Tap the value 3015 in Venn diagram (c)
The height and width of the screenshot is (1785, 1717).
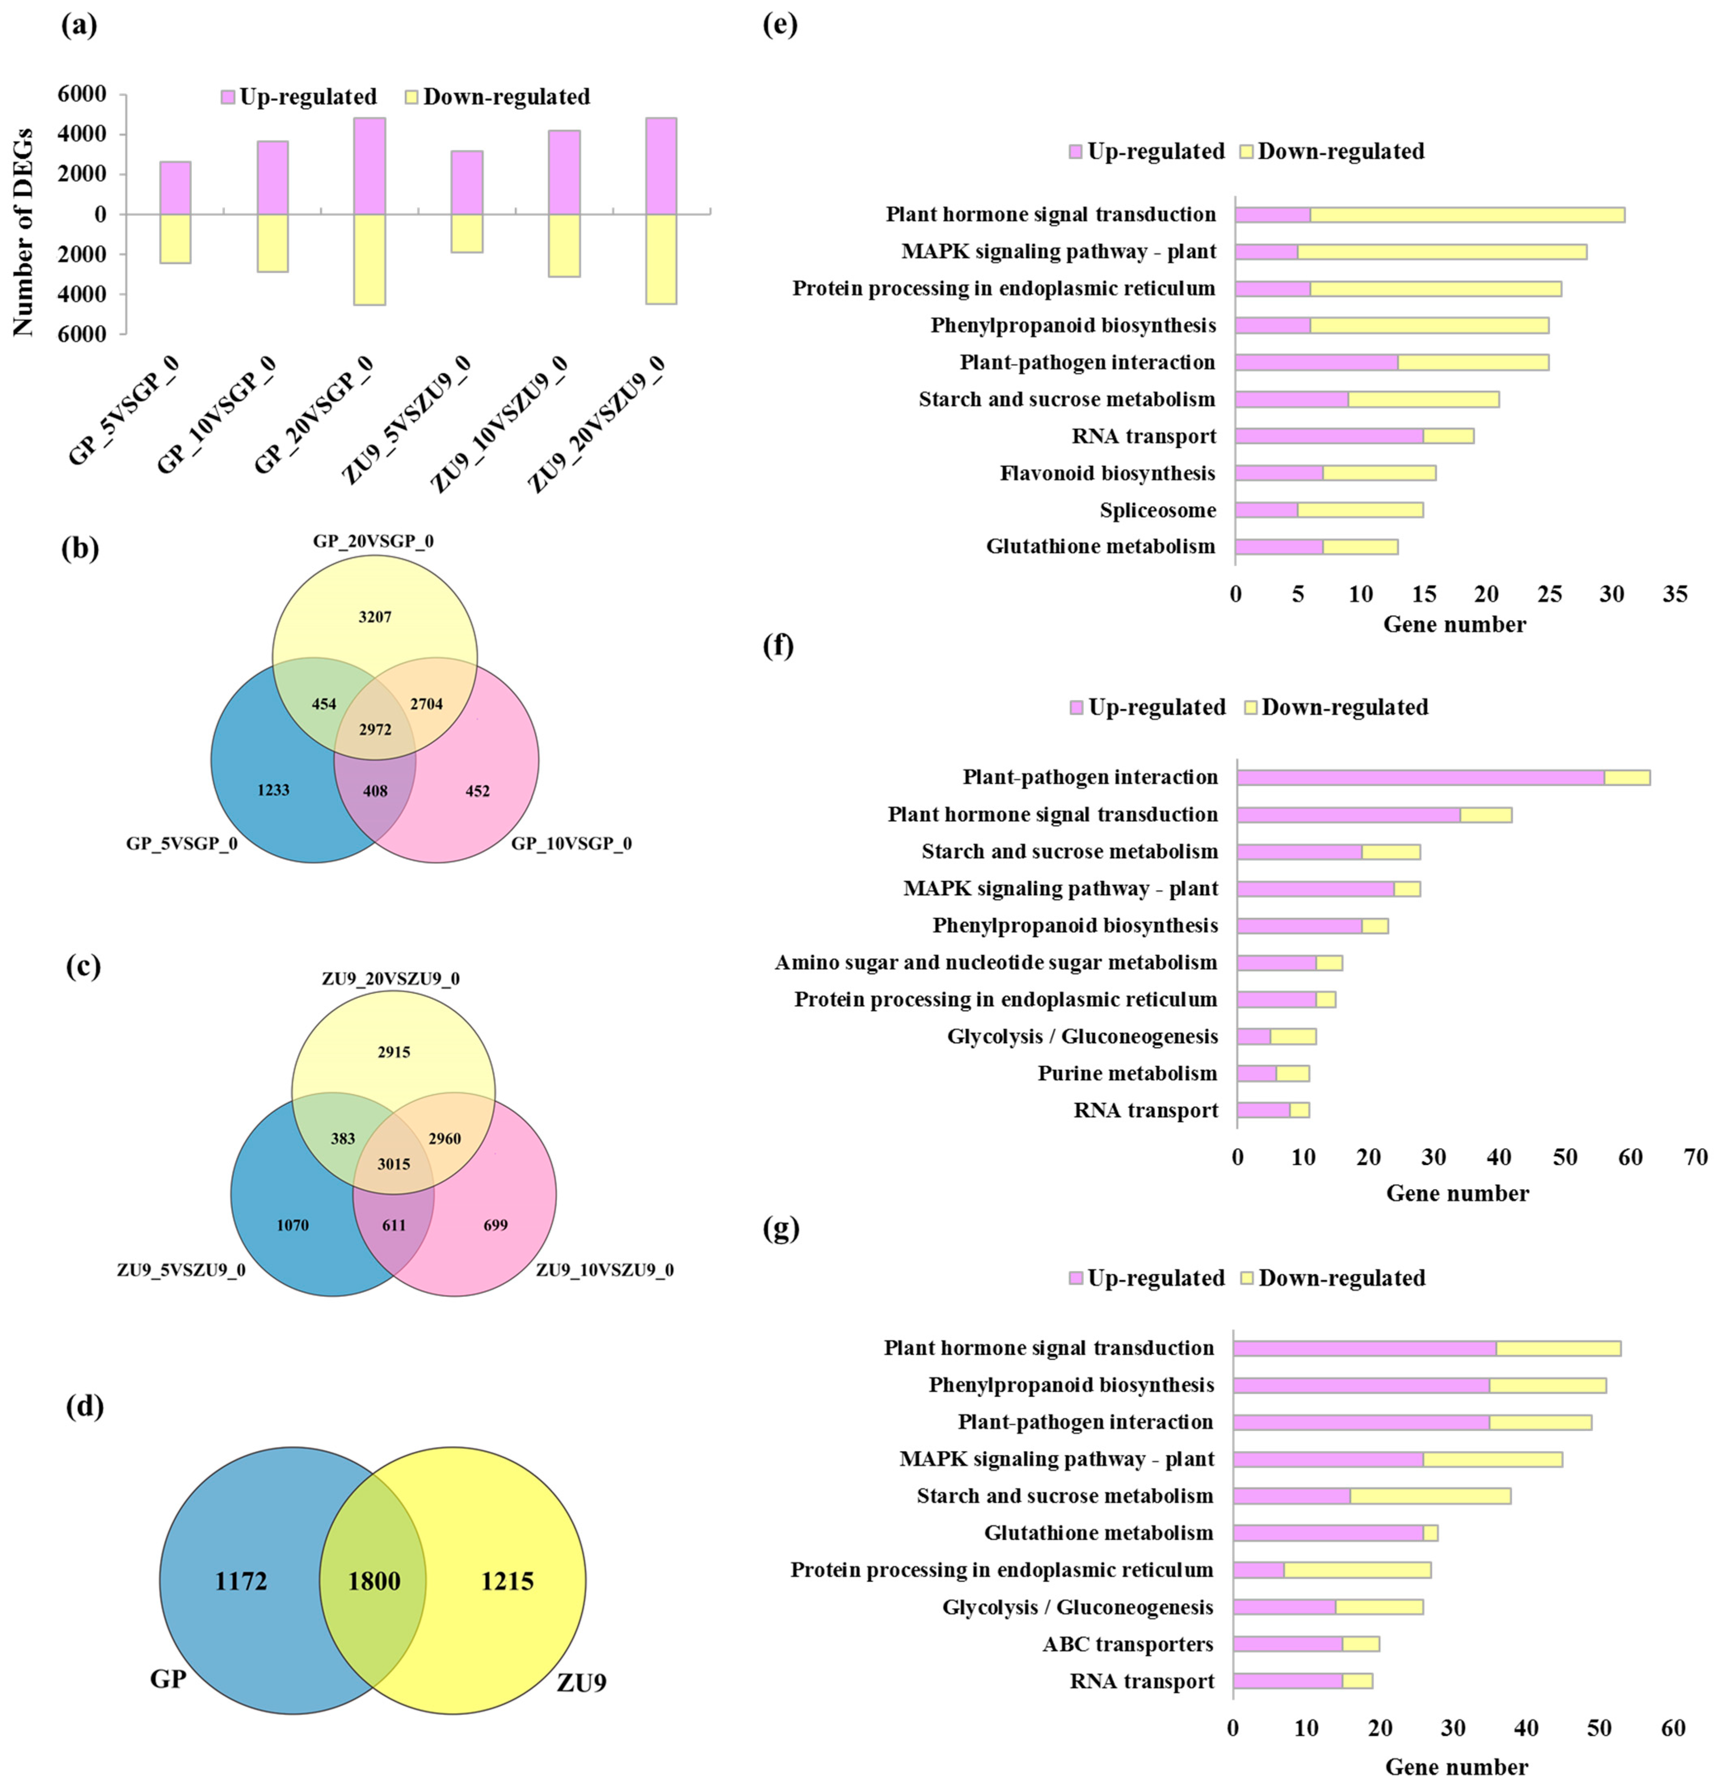click(393, 1164)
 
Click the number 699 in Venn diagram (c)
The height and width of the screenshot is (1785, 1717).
click(496, 1225)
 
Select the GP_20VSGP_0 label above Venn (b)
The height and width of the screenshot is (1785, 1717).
click(373, 541)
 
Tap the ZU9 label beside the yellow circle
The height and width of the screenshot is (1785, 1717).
click(581, 1682)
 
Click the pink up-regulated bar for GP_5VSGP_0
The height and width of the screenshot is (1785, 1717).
click(175, 188)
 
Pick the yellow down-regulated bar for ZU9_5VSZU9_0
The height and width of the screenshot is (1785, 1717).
click(467, 233)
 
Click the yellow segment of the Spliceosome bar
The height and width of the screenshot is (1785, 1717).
click(1360, 510)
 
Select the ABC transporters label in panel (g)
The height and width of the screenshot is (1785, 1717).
click(1128, 1644)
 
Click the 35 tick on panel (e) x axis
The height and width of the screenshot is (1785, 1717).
click(1674, 595)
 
